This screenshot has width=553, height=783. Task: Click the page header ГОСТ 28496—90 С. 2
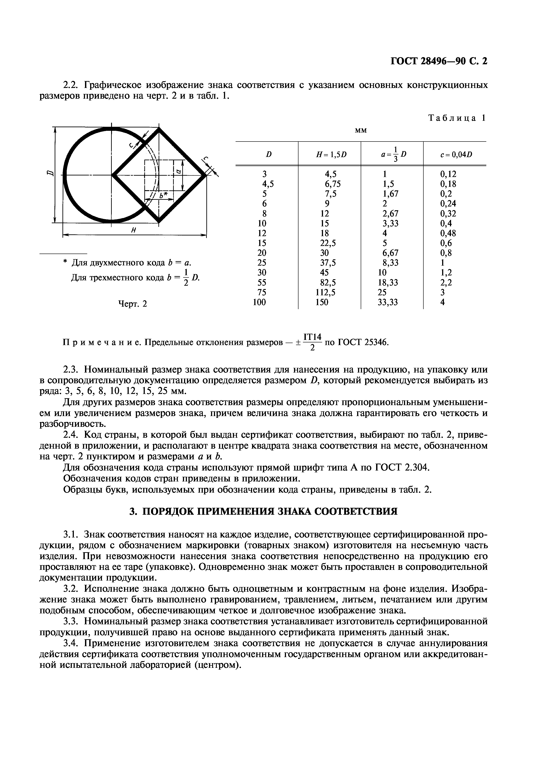[439, 61]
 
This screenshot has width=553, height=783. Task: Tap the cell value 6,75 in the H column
[332, 184]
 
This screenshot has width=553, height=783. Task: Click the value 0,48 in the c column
[448, 233]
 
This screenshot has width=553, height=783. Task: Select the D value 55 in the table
[262, 282]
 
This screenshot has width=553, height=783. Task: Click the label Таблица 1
[457, 118]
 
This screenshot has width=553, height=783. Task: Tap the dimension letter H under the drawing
[134, 231]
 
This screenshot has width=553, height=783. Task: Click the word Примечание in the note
[101, 342]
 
